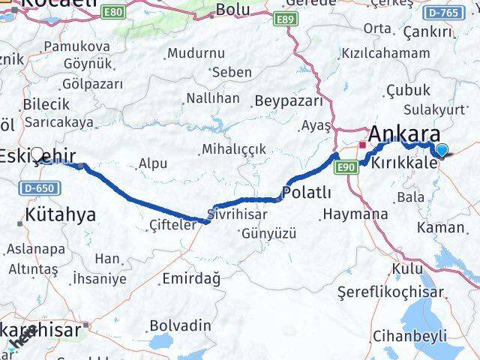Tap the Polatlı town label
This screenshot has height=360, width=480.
pyautogui.click(x=307, y=193)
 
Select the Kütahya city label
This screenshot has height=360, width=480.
pyautogui.click(x=60, y=215)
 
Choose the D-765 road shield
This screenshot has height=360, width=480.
pyautogui.click(x=460, y=13)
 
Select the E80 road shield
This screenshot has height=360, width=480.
pyautogui.click(x=113, y=13)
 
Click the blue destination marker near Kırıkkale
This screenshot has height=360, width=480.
pyautogui.click(x=442, y=151)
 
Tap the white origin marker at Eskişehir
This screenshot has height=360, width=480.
pyautogui.click(x=37, y=152)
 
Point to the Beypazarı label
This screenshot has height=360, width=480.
pyautogui.click(x=289, y=100)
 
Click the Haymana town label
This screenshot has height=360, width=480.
pyautogui.click(x=355, y=214)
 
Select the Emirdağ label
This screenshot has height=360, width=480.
pyautogui.click(x=191, y=279)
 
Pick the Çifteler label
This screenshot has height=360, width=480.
pyautogui.click(x=172, y=224)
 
